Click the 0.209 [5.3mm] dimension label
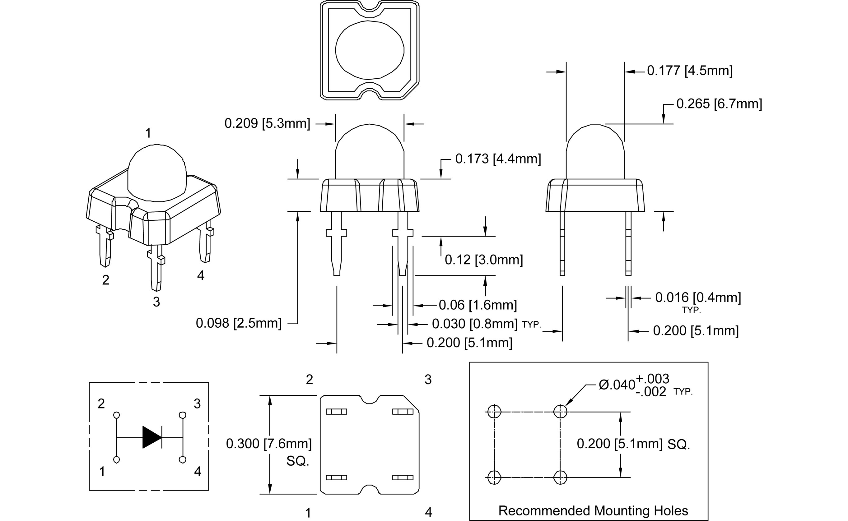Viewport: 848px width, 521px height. pos(267,123)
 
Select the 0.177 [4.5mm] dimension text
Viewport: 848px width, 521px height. pos(689,71)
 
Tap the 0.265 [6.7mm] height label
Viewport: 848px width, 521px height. pos(719,104)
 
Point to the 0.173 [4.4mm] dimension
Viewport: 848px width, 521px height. pos(498,159)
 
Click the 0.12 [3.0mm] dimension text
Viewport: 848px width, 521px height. pos(484,260)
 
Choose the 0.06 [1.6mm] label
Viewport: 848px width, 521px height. pos(478,305)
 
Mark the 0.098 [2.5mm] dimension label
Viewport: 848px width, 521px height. pos(239,323)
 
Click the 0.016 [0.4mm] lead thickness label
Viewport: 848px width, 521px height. pos(698,297)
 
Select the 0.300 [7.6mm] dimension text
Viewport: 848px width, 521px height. pos(268,444)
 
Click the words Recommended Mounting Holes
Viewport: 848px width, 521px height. pos(593,511)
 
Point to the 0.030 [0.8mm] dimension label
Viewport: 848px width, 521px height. pos(475,324)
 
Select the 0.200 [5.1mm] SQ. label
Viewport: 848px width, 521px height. pos(633,444)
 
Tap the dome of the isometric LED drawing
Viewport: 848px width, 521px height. pos(157,172)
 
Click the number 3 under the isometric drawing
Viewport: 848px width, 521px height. pos(156,302)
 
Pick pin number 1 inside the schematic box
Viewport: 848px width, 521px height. pos(102,471)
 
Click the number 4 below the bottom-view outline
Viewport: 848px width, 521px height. pos(428,512)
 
